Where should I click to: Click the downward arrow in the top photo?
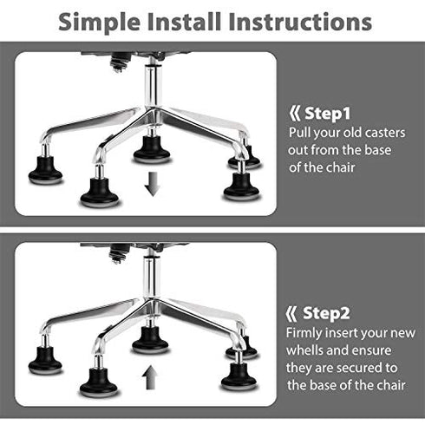[x=152, y=183]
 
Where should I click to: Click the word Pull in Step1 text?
[x=302, y=134]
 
